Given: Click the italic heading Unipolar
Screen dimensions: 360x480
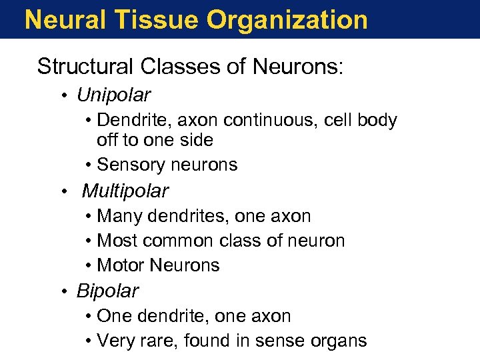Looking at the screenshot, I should click(113, 95).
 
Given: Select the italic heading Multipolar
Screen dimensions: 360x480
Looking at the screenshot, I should click(125, 192).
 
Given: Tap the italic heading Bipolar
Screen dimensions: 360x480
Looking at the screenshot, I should click(107, 291).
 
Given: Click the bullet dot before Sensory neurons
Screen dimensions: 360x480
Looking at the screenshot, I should click(89, 165).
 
